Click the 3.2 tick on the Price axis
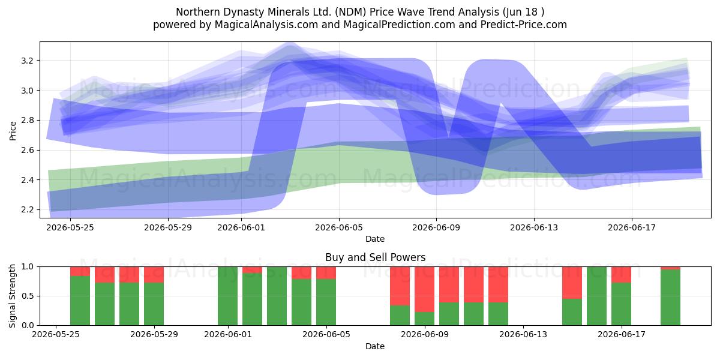click(x=27, y=61)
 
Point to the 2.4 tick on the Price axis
click(x=27, y=180)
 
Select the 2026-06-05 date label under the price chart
click(x=339, y=227)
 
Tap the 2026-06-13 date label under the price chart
click(x=534, y=227)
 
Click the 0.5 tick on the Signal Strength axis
click(x=27, y=296)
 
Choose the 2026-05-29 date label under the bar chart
click(x=154, y=335)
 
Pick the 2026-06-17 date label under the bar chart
click(x=622, y=335)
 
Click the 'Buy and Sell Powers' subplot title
click(x=375, y=257)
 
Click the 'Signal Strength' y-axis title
click(x=12, y=296)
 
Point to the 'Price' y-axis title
click(x=13, y=131)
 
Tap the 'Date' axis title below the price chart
click(x=375, y=239)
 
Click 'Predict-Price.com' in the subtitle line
click(x=524, y=25)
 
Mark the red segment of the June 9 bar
click(x=424, y=289)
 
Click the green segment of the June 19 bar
click(x=670, y=298)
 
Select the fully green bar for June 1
click(x=227, y=296)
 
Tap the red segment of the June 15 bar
click(x=572, y=283)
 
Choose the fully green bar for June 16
click(x=596, y=296)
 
